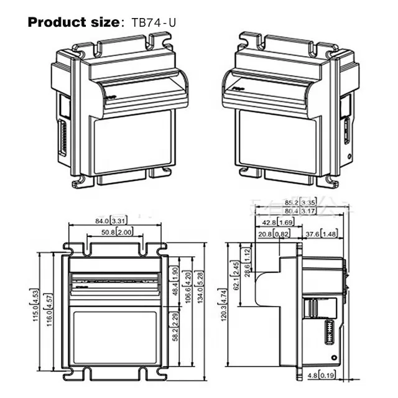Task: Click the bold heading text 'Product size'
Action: [72, 22]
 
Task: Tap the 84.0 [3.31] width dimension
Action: [112, 220]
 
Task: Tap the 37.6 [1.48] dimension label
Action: [322, 234]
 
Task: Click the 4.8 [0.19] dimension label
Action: [322, 374]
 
